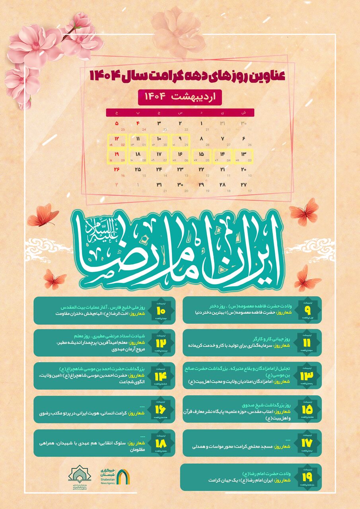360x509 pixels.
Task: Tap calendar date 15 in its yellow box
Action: [x=202, y=154]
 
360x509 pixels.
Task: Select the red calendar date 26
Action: [x=117, y=169]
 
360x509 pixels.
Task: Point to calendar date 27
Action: [x=244, y=185]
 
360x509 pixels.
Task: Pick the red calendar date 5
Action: [x=117, y=124]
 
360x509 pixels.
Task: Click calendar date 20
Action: [x=244, y=169]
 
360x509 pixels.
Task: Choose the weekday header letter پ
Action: [x=138, y=113]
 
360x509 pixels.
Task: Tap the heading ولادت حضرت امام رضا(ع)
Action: [x=270, y=473]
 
